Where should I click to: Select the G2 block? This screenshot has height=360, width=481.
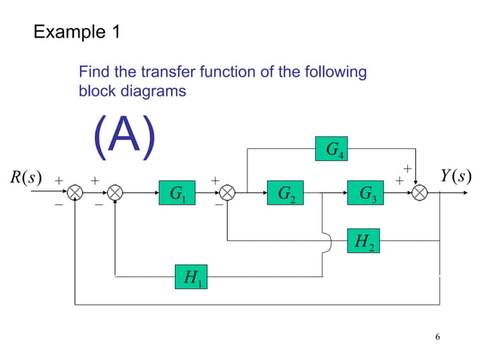pyautogui.click(x=286, y=194)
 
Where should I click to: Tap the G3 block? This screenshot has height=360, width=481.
pyautogui.click(x=367, y=194)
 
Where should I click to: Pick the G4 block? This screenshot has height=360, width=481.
pyautogui.click(x=331, y=151)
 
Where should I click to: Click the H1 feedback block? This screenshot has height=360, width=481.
pyautogui.click(x=191, y=276)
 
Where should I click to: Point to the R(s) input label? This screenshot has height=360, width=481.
pyautogui.click(x=25, y=178)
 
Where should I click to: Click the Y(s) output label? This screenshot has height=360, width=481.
pyautogui.click(x=455, y=177)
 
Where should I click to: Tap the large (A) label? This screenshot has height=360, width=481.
pyautogui.click(x=124, y=137)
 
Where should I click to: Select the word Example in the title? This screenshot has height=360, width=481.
pyautogui.click(x=66, y=32)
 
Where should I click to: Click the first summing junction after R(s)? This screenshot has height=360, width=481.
pyautogui.click(x=75, y=194)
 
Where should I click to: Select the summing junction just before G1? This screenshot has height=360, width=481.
pyautogui.click(x=115, y=194)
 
